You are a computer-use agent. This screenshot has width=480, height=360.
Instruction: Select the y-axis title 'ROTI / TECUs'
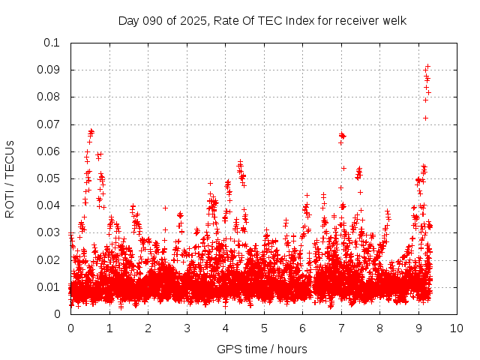(10, 178)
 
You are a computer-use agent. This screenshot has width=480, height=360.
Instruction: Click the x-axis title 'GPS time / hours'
(262, 349)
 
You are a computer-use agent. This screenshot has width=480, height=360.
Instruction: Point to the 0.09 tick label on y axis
(49, 70)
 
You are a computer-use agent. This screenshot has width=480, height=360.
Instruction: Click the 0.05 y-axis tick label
(49, 178)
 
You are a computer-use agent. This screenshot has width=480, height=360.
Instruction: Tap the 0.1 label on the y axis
(52, 43)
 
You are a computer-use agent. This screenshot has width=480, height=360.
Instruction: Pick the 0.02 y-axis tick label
(49, 260)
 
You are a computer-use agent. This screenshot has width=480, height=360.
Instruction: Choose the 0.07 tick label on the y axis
(49, 124)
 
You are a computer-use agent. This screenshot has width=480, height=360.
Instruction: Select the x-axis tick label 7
(341, 328)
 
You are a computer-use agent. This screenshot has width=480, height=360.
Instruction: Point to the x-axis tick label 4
(225, 328)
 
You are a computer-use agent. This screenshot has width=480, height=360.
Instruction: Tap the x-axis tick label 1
(109, 328)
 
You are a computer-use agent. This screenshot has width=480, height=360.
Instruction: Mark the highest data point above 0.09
(427, 66)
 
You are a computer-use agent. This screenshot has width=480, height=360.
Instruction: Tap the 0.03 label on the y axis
(49, 233)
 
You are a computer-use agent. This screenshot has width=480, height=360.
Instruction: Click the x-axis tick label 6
(302, 328)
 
